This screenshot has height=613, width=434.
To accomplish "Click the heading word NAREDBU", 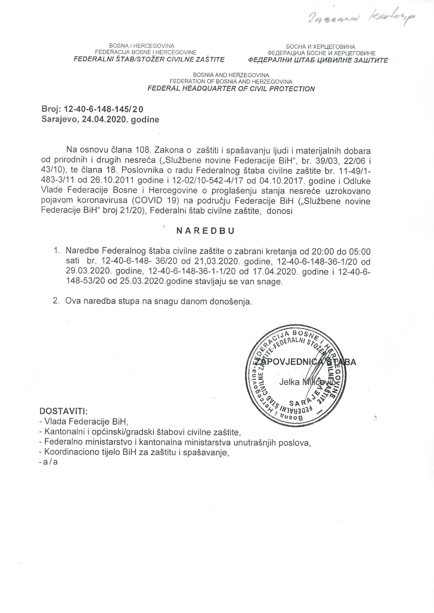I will coord(205,231).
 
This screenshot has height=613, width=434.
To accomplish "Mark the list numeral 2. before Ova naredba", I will coord(56,301).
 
